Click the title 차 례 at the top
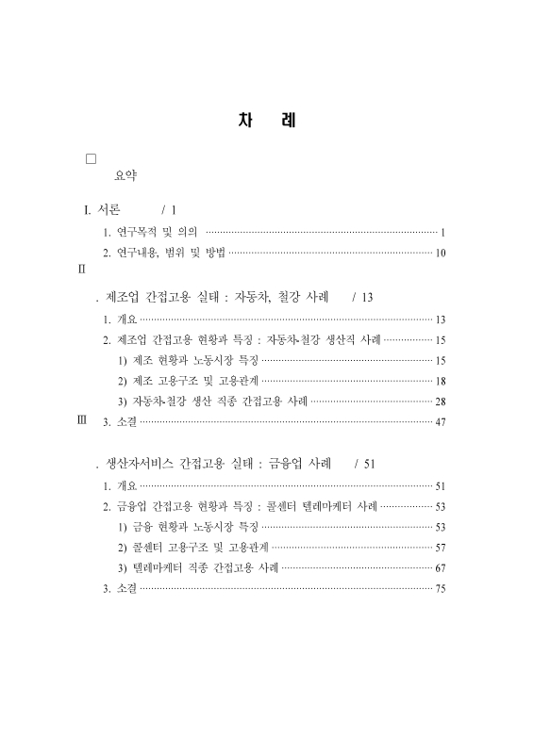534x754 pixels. (267, 123)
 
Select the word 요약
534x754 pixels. (125, 175)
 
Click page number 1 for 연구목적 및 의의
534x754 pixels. (443, 231)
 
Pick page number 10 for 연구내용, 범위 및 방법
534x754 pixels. (441, 253)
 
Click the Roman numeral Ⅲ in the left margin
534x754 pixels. (81, 420)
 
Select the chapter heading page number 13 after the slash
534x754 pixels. (368, 297)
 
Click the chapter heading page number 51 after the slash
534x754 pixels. (370, 464)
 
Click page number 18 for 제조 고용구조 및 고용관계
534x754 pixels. (441, 381)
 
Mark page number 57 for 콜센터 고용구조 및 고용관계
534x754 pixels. (441, 548)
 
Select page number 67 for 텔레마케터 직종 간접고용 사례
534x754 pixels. (441, 568)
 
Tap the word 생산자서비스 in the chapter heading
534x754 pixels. (142, 464)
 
